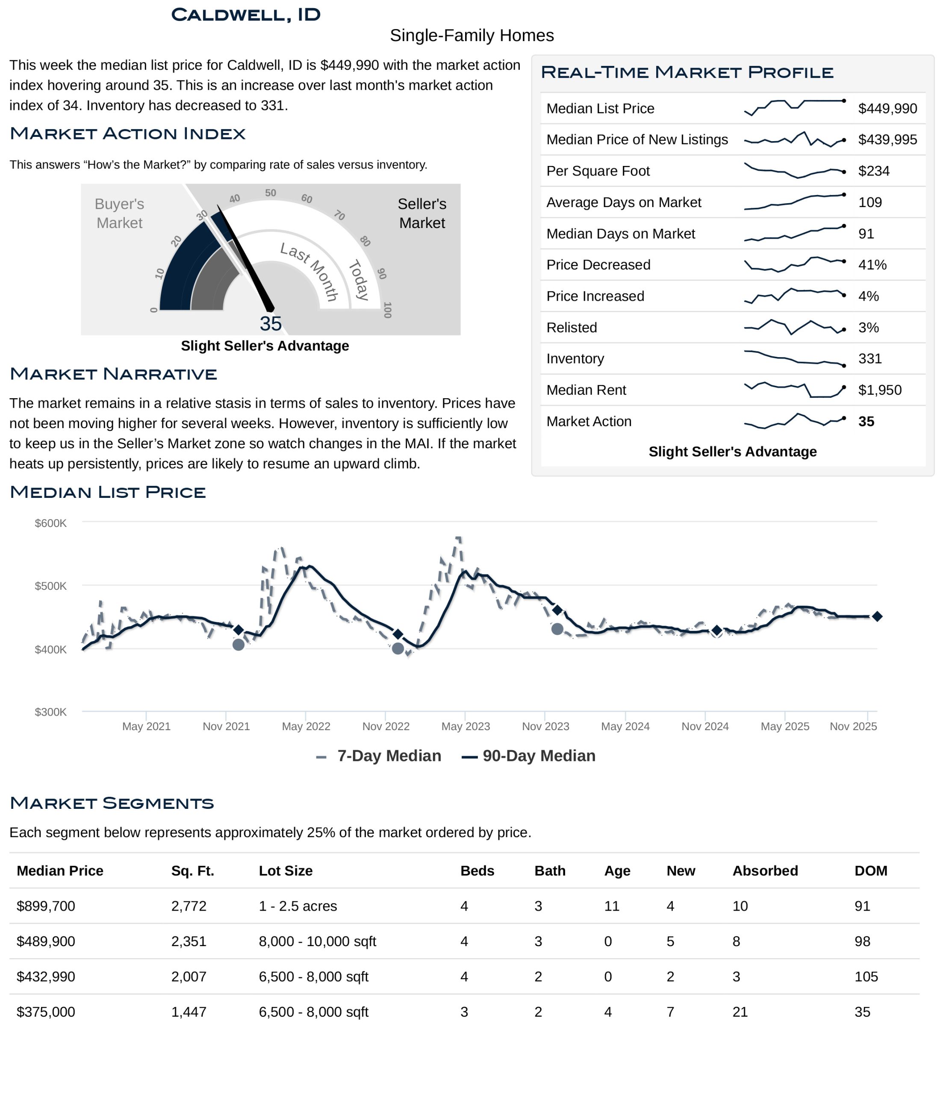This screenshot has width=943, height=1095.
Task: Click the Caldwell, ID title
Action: [x=246, y=15]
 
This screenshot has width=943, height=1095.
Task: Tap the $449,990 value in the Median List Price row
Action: [x=887, y=109]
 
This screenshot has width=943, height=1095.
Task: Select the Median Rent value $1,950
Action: [x=880, y=390]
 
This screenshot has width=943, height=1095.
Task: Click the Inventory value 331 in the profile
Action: [x=869, y=359]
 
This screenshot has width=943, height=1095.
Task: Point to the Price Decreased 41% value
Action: [x=872, y=265]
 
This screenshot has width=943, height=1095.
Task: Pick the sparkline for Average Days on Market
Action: [x=794, y=202]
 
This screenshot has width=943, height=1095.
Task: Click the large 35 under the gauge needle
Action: [x=271, y=324]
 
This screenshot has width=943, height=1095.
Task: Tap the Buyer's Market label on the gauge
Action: [x=119, y=213]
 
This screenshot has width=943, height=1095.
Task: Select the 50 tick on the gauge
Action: [x=271, y=193]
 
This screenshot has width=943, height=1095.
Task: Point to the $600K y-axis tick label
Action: [x=51, y=523]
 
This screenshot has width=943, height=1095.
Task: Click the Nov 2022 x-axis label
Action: [x=386, y=726]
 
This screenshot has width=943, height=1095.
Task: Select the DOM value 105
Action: [x=866, y=977]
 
